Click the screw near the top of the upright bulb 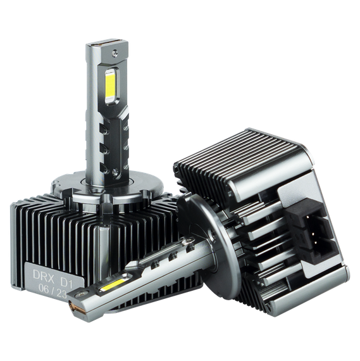(115, 53)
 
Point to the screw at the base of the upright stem (115, 172)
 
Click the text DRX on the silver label (44, 274)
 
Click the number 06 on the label (44, 288)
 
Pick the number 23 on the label (61, 293)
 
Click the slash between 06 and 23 (53, 291)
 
